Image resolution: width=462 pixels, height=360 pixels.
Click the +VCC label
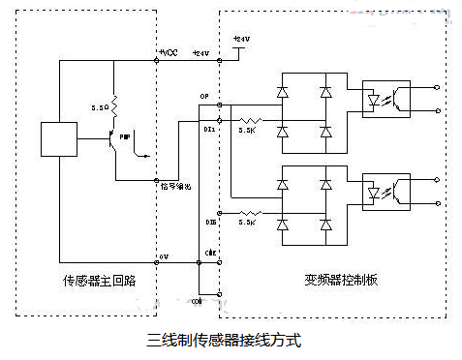[169, 52]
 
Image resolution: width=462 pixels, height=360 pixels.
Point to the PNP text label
[124, 138]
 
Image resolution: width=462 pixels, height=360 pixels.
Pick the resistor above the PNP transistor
[114, 102]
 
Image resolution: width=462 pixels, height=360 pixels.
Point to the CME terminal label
[208, 252]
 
